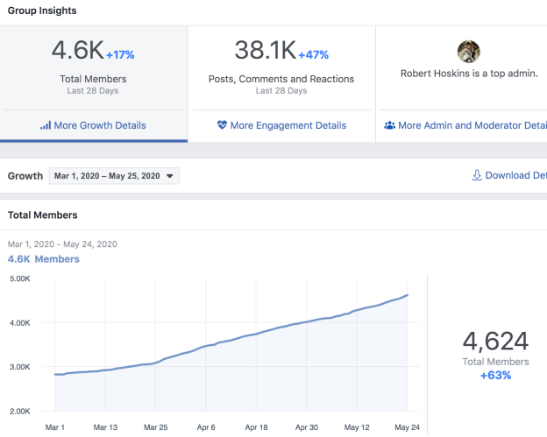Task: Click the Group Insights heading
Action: click(x=42, y=11)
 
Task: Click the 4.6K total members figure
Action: click(x=77, y=51)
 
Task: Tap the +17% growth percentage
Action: click(x=121, y=54)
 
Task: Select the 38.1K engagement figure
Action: click(x=265, y=51)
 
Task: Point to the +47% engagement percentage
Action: click(x=313, y=54)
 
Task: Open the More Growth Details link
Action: click(x=99, y=125)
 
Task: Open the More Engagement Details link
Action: click(x=288, y=125)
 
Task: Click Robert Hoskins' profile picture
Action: click(x=469, y=51)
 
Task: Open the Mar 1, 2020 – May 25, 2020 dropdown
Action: click(x=114, y=176)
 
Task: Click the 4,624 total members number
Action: click(x=495, y=341)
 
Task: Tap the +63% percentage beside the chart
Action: click(x=495, y=375)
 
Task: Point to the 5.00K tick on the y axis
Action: click(x=19, y=279)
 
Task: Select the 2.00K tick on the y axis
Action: click(x=19, y=411)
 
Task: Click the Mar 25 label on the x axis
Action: click(x=155, y=428)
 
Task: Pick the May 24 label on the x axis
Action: click(x=408, y=428)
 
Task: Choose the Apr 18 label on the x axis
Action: click(x=256, y=428)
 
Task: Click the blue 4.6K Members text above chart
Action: click(x=44, y=259)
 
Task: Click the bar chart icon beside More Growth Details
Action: click(x=46, y=125)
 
